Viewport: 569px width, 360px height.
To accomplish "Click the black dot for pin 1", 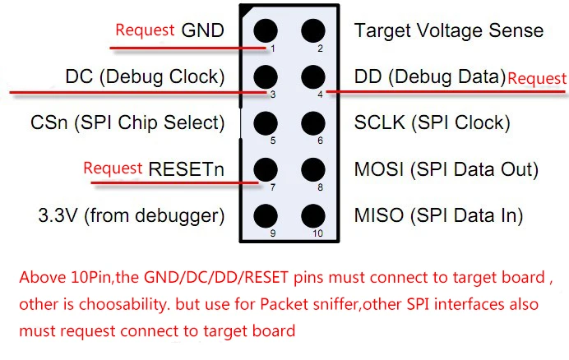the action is click(266, 31).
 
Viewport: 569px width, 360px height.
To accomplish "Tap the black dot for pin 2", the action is click(312, 31).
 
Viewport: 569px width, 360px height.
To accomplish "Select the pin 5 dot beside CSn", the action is click(266, 123).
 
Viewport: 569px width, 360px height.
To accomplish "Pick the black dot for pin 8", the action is click(312, 170).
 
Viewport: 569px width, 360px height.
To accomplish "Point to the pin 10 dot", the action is click(312, 216).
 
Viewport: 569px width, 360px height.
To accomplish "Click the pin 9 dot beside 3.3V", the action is click(266, 216).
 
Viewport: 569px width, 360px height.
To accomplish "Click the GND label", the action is click(202, 30).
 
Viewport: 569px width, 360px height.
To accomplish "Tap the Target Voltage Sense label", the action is click(449, 31).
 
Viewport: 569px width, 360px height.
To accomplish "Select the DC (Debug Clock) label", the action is click(146, 77).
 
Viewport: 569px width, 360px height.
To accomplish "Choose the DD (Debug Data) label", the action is click(430, 77).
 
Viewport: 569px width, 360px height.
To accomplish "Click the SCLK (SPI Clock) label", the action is click(433, 123).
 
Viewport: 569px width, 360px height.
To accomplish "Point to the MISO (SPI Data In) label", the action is click(439, 215).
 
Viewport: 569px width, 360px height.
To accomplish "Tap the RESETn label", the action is click(186, 169).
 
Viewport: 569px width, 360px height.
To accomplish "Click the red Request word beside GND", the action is click(146, 30).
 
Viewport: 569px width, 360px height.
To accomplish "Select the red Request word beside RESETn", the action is click(113, 168).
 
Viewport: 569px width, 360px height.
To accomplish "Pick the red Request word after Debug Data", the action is click(537, 79).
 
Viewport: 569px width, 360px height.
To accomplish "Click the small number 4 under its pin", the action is click(320, 95).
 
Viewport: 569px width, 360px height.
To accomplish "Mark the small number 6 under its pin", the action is click(320, 141).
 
